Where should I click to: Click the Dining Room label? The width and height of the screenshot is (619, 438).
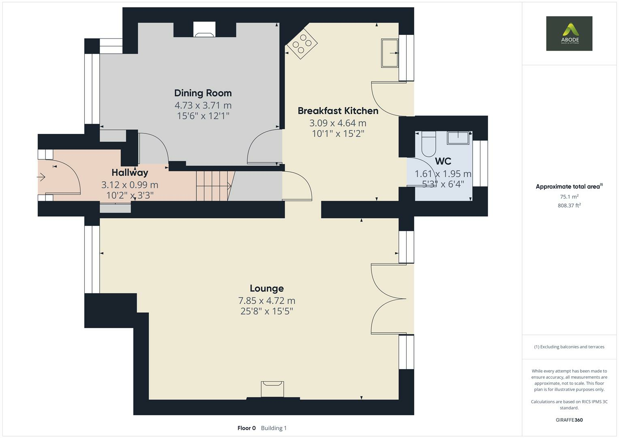tap(203, 93)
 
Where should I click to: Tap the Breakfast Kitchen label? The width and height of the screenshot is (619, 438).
tap(338, 111)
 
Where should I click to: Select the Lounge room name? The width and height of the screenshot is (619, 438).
tap(267, 288)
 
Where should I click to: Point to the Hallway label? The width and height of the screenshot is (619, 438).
tap(130, 172)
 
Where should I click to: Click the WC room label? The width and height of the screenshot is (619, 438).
tap(443, 161)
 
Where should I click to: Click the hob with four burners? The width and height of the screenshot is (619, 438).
tap(302, 44)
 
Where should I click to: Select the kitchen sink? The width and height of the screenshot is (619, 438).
tap(390, 53)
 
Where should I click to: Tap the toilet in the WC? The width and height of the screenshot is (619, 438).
tap(428, 144)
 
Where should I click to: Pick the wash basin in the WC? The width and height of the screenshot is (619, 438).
tap(458, 138)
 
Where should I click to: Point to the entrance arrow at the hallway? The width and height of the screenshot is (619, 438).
tap(41, 177)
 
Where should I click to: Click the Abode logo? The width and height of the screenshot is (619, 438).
tap(569, 33)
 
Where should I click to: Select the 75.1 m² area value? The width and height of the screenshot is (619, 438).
tap(569, 197)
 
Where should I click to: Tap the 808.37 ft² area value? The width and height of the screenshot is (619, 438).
tap(569, 205)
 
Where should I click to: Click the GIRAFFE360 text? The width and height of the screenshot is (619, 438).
tap(569, 420)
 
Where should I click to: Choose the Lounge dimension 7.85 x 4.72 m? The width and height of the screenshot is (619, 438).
tap(267, 301)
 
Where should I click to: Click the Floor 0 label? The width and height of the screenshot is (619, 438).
tap(246, 428)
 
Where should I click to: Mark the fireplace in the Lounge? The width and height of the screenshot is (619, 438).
tap(272, 389)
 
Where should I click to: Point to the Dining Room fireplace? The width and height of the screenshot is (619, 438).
tap(204, 30)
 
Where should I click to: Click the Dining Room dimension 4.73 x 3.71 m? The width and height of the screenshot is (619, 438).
tap(203, 105)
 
